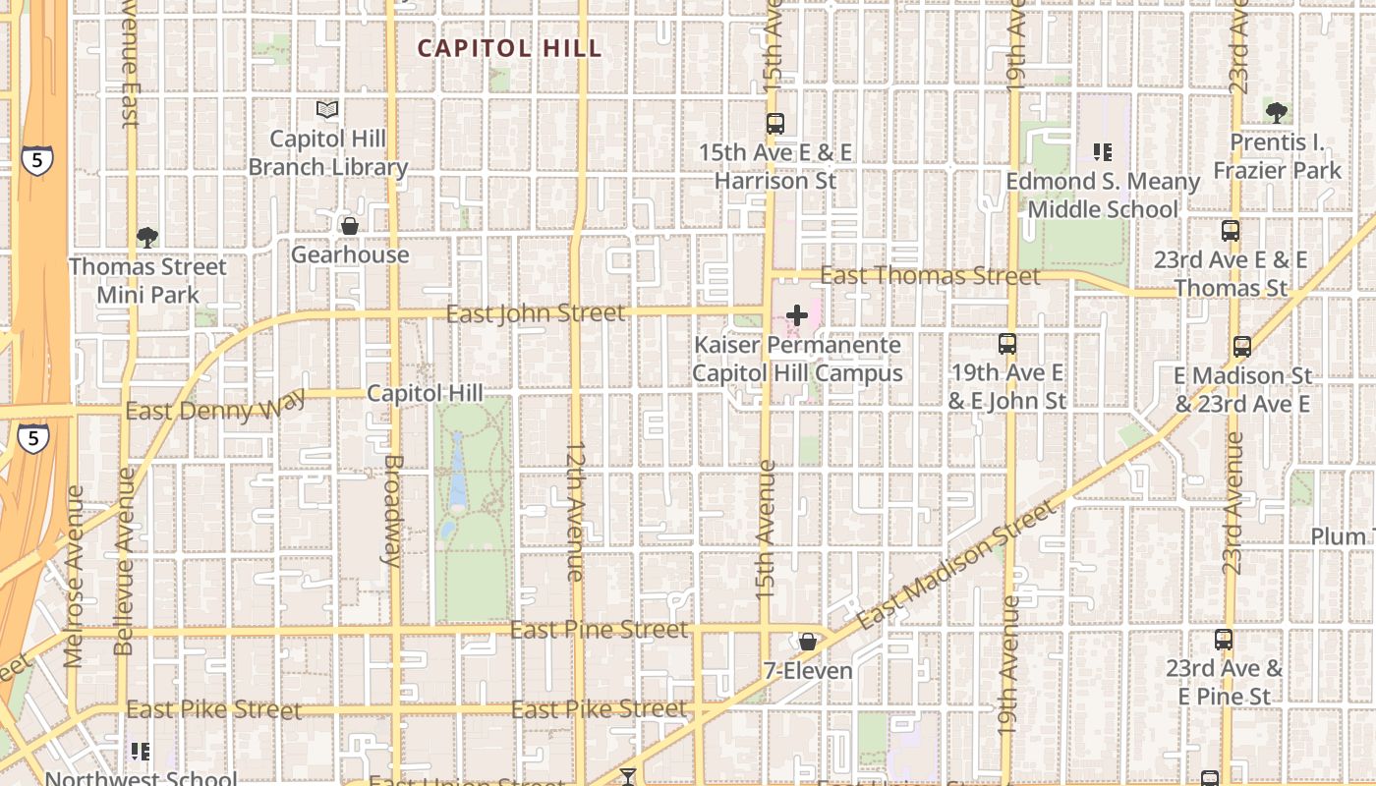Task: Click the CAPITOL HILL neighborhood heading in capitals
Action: pyautogui.click(x=509, y=48)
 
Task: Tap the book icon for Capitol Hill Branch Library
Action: pyautogui.click(x=327, y=110)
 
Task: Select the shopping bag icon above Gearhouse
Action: pyautogui.click(x=349, y=227)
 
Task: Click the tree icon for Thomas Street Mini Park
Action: pyautogui.click(x=147, y=237)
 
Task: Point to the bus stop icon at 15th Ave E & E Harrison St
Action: pyautogui.click(x=775, y=124)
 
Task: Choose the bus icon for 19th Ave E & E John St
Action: pyautogui.click(x=1007, y=344)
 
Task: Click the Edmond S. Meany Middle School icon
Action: pyautogui.click(x=1103, y=152)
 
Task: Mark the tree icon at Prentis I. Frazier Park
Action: pyautogui.click(x=1277, y=113)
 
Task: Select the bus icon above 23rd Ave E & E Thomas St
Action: pyautogui.click(x=1231, y=231)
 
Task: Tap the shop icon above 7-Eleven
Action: pyautogui.click(x=808, y=642)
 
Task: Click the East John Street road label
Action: pyautogui.click(x=536, y=313)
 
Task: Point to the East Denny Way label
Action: pyautogui.click(x=215, y=407)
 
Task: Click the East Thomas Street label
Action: pyautogui.click(x=930, y=276)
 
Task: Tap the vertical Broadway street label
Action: pyautogui.click(x=391, y=510)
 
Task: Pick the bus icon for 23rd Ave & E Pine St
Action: pyautogui.click(x=1224, y=640)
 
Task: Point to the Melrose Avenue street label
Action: pyautogui.click(x=74, y=576)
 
